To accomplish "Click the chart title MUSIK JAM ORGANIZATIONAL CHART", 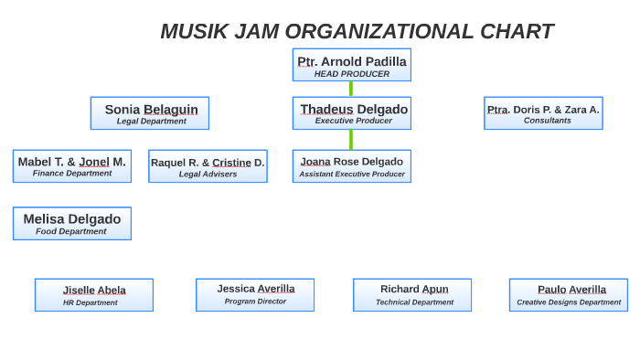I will tap(357, 31).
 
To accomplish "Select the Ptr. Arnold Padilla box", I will tap(351, 65).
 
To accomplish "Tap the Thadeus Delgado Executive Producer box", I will tap(351, 113).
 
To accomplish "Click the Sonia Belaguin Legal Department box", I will tap(150, 113).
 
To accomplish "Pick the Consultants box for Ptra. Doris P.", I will tap(543, 113).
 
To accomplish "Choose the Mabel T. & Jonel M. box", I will tap(72, 166).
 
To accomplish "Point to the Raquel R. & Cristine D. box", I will tap(208, 166).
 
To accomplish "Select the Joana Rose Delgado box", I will tap(351, 166).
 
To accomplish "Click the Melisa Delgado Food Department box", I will tap(72, 224).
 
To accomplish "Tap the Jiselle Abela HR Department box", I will tap(94, 295).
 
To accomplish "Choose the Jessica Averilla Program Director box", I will tap(255, 295).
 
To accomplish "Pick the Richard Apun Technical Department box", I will tap(412, 295).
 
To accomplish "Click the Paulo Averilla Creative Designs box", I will tap(569, 295).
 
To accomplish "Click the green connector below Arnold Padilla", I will tap(351, 89).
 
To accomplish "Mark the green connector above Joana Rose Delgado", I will tap(351, 139).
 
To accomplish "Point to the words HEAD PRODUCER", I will tap(351, 74).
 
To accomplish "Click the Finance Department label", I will tap(72, 173).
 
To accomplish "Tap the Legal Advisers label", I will tap(208, 174).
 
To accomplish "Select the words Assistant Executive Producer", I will tap(351, 174).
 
